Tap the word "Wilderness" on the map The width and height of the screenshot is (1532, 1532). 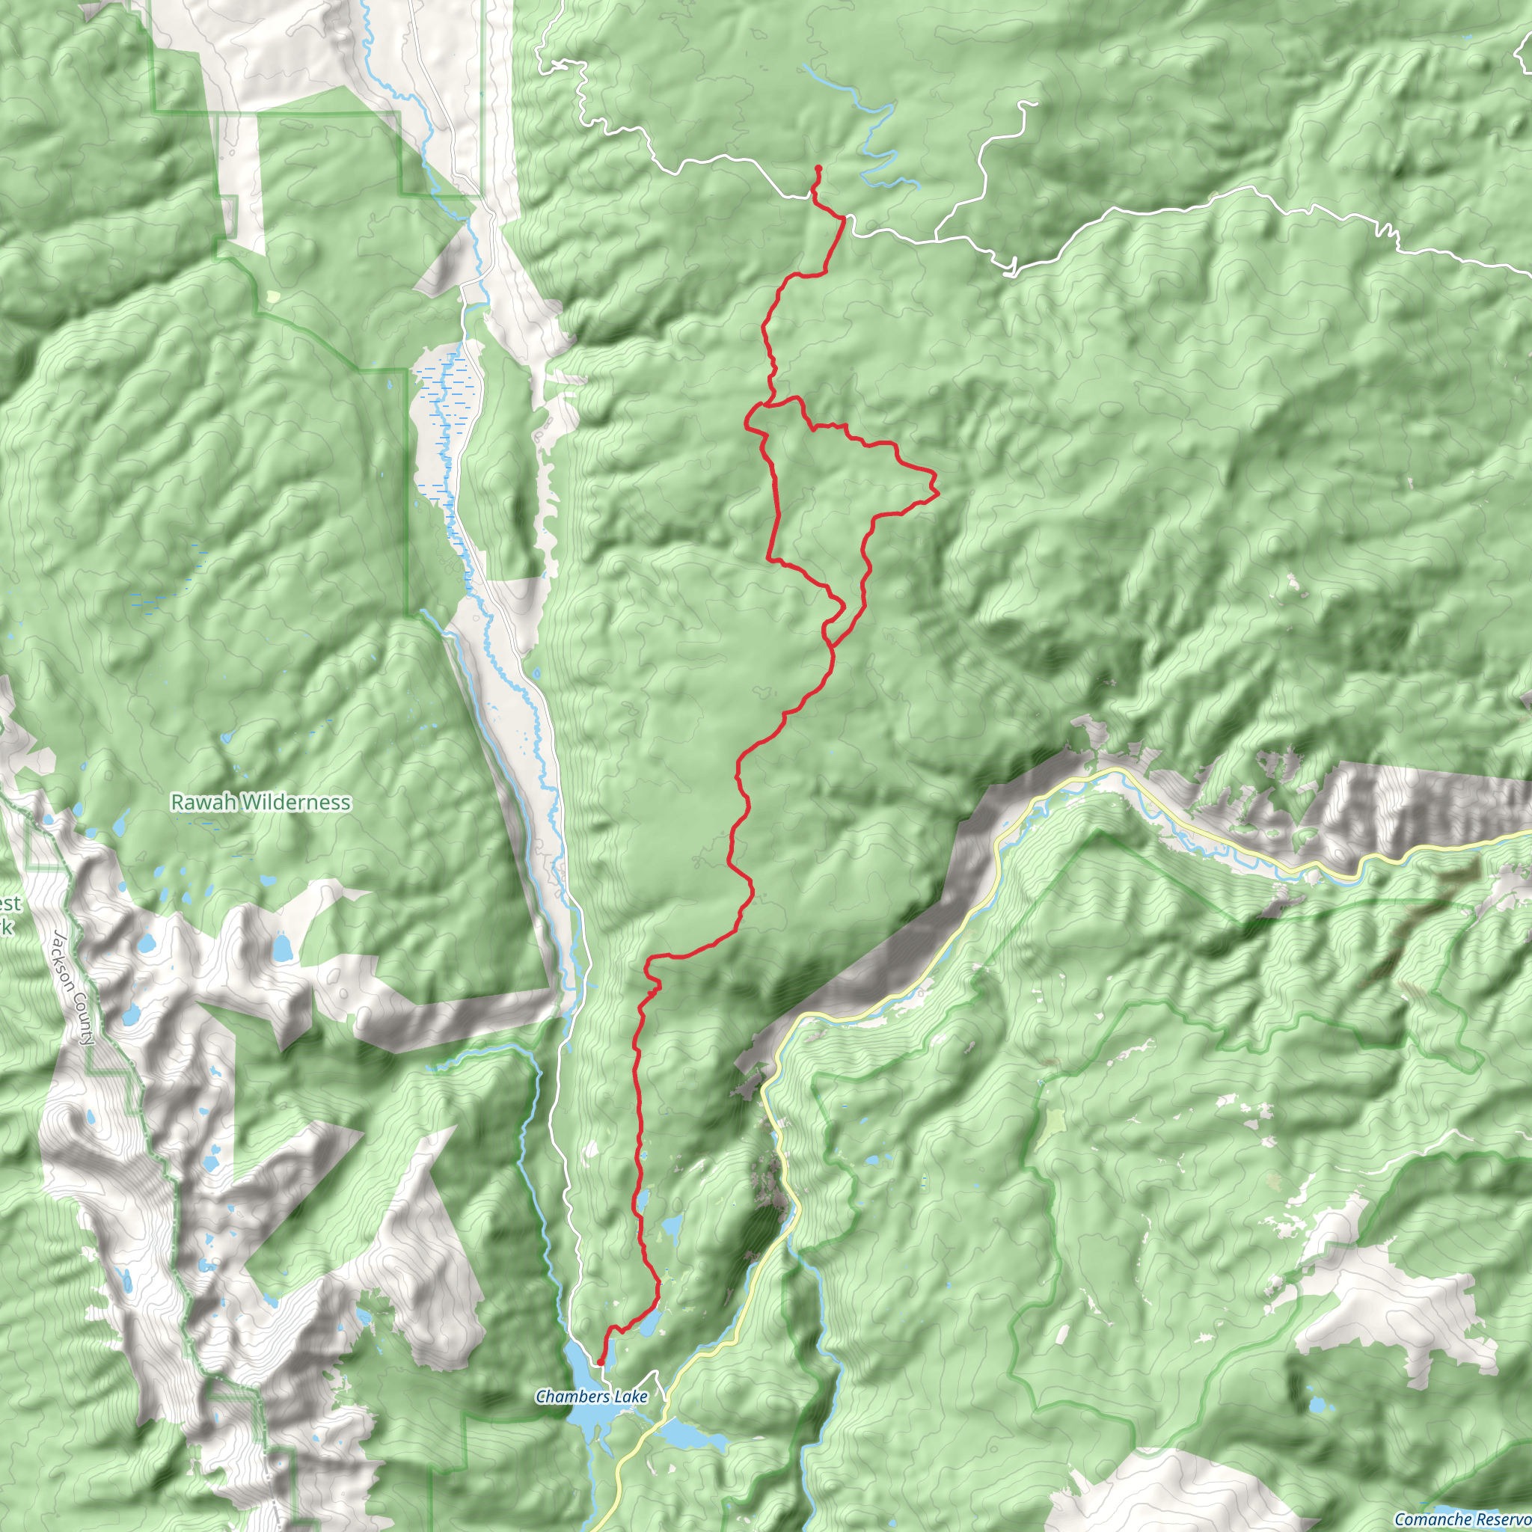295,803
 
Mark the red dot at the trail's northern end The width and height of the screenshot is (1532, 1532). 818,168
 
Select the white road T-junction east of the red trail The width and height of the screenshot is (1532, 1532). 936,237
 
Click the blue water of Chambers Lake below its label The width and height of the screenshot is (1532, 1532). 593,1424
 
